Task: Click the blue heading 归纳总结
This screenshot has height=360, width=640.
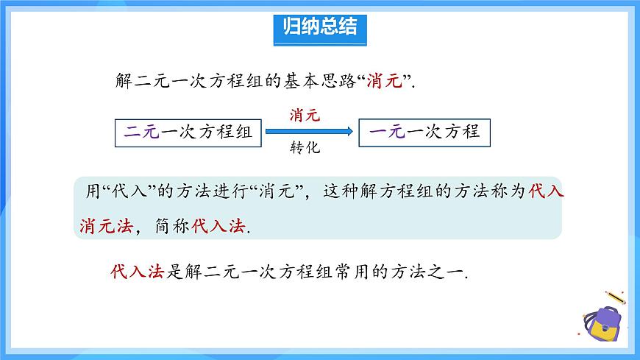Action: point(319,28)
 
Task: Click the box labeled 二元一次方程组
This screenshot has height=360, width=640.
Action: point(188,133)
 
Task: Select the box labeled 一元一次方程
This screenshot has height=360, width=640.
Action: point(424,133)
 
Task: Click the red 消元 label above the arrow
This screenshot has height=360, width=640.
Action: point(305,115)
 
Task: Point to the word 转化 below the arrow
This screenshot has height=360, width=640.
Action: point(305,148)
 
